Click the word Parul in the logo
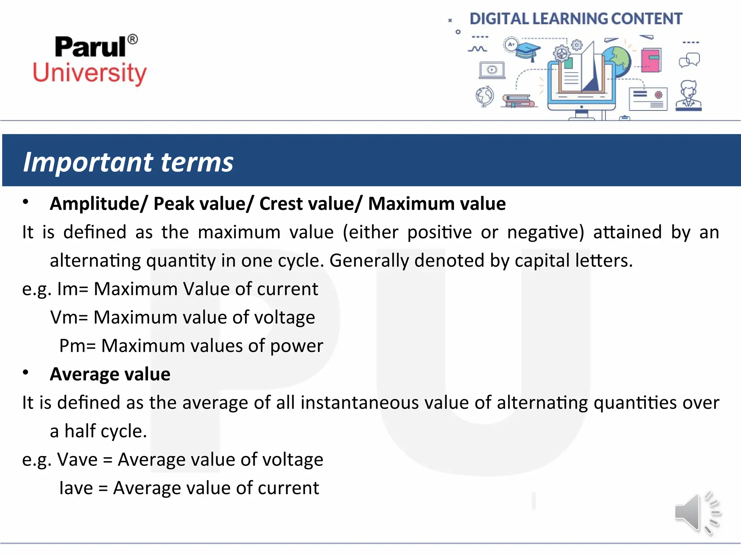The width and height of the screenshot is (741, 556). [x=90, y=47]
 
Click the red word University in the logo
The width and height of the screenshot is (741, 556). [x=90, y=73]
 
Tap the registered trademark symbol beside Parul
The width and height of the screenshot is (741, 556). [x=133, y=39]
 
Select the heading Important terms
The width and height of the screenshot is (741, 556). [x=128, y=162]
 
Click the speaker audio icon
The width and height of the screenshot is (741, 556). [x=696, y=513]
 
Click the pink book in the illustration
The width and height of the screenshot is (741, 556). [x=651, y=60]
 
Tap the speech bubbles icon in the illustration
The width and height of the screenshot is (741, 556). [x=689, y=60]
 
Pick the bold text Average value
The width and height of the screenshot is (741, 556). [x=110, y=374]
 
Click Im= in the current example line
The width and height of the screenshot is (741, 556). [x=72, y=289]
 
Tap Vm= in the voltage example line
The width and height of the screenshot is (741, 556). [x=69, y=317]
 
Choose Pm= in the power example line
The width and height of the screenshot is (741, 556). [x=77, y=346]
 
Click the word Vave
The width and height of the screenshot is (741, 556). [x=77, y=460]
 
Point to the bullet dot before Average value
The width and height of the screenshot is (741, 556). [x=25, y=372]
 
